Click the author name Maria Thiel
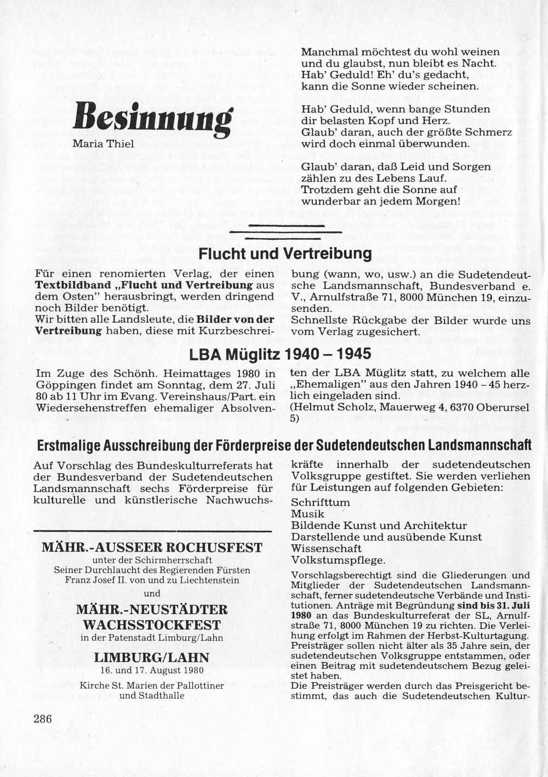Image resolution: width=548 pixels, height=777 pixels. pos(104,144)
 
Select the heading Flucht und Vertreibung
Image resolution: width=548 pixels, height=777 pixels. pos(284,254)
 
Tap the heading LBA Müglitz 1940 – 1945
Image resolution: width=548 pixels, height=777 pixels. pos(280,354)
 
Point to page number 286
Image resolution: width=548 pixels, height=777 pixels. pos(43,718)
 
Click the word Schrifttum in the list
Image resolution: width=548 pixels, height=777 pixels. pos(320,502)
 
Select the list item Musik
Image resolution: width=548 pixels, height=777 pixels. pos(307,514)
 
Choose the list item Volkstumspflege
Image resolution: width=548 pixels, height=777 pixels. pos(338,560)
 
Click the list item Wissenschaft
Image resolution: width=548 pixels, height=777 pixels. pos(326,548)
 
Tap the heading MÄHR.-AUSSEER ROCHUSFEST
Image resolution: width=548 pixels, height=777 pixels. pos(152,547)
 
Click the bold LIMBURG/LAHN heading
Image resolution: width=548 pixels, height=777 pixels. pos(151,657)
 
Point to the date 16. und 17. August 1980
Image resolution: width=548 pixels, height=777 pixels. pos(152,670)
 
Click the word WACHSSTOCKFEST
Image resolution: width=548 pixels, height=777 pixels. pos(152,625)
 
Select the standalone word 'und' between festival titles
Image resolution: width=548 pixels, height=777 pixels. pos(152,593)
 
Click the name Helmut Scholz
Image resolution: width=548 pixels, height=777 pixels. pos(329,407)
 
